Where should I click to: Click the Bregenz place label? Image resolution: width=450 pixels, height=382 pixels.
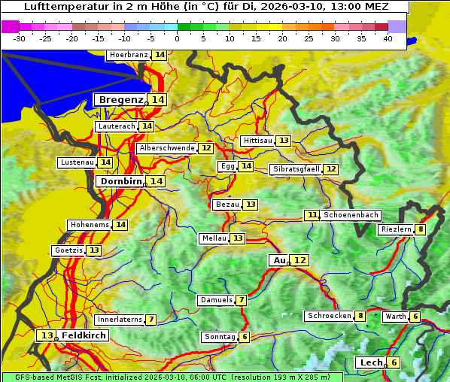(x=120, y=100)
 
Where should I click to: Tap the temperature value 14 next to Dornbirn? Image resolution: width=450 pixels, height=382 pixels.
(x=156, y=181)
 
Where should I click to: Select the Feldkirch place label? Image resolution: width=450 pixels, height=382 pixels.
(x=84, y=335)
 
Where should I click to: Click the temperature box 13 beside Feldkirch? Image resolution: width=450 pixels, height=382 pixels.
(x=47, y=335)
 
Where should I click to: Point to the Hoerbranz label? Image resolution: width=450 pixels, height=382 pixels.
(x=127, y=56)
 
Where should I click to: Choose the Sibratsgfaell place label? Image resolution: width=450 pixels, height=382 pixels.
(x=296, y=169)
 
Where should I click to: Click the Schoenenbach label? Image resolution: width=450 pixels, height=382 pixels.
(x=351, y=215)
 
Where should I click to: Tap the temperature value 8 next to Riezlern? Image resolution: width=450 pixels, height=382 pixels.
(x=421, y=229)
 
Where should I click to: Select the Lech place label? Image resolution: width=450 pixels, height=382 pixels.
(x=371, y=362)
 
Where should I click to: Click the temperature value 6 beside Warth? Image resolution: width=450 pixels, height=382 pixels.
(x=415, y=317)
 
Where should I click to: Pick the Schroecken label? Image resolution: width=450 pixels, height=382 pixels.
(x=329, y=316)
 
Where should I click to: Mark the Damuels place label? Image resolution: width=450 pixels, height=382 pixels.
(x=216, y=300)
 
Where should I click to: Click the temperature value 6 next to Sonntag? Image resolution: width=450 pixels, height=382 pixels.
(x=245, y=337)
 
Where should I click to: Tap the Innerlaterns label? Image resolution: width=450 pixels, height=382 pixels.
(x=120, y=320)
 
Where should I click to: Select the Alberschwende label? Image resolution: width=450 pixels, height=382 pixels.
(x=166, y=148)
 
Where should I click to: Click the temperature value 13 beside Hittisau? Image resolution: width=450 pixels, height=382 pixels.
(x=284, y=141)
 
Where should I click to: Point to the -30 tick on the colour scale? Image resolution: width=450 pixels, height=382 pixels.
(x=20, y=38)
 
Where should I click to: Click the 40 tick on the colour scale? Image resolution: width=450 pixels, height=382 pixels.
(x=388, y=38)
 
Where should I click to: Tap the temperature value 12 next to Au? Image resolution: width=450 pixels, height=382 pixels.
(x=299, y=260)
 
